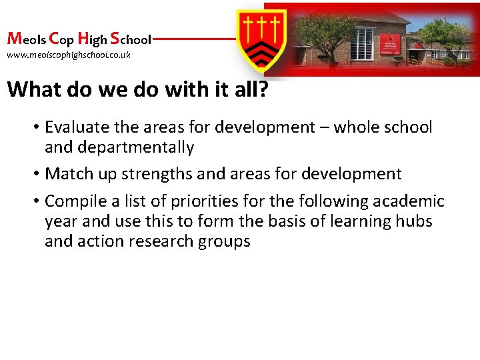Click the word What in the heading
(35, 89)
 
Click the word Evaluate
(75, 127)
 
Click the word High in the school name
(92, 39)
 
